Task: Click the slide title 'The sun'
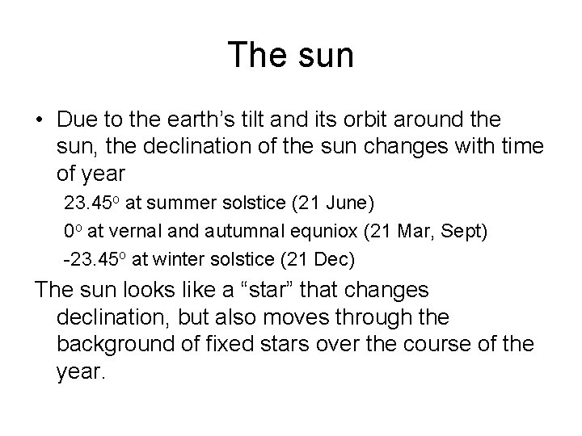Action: point(290,55)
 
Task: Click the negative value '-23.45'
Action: point(91,260)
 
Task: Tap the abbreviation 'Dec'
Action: point(336,260)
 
